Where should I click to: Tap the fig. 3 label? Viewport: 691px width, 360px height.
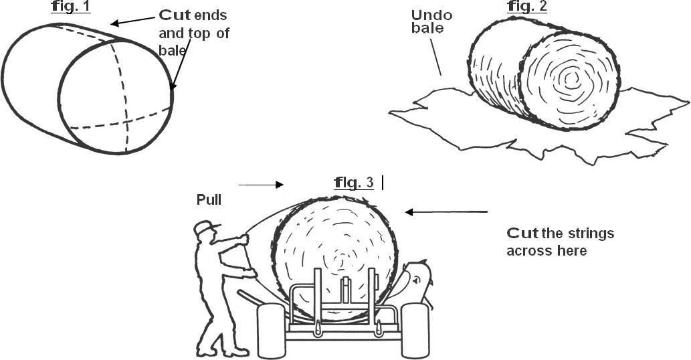pos(354,182)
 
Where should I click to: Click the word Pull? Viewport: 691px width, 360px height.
pos(209,199)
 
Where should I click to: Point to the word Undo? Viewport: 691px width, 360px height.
pos(431,15)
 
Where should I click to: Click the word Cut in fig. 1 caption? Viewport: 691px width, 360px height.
pos(175,14)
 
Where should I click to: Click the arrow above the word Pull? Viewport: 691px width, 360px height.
pos(261,185)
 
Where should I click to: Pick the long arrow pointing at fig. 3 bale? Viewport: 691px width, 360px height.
pos(446,212)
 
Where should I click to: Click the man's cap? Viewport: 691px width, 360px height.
pos(206,228)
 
